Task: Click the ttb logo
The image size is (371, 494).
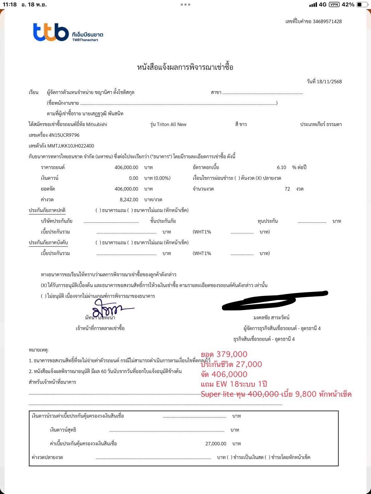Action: [51, 32]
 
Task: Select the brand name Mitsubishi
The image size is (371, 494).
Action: [97, 124]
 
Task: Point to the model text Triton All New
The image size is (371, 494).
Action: [171, 124]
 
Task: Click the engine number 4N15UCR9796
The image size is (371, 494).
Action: [64, 135]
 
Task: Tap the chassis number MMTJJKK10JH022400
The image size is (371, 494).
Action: [71, 146]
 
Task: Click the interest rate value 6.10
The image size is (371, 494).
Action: [281, 167]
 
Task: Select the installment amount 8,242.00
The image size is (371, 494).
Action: [129, 200]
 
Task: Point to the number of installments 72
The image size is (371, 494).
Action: [287, 189]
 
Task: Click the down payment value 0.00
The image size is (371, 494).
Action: [133, 178]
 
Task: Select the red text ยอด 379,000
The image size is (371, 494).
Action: [224, 354]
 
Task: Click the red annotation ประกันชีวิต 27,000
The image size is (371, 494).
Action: [231, 364]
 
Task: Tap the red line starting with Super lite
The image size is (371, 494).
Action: [276, 394]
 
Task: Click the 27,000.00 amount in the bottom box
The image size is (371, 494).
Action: [216, 443]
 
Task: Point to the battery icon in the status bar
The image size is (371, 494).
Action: [362, 4]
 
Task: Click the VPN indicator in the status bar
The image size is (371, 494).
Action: [334, 4]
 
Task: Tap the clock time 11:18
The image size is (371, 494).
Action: [10, 4]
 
